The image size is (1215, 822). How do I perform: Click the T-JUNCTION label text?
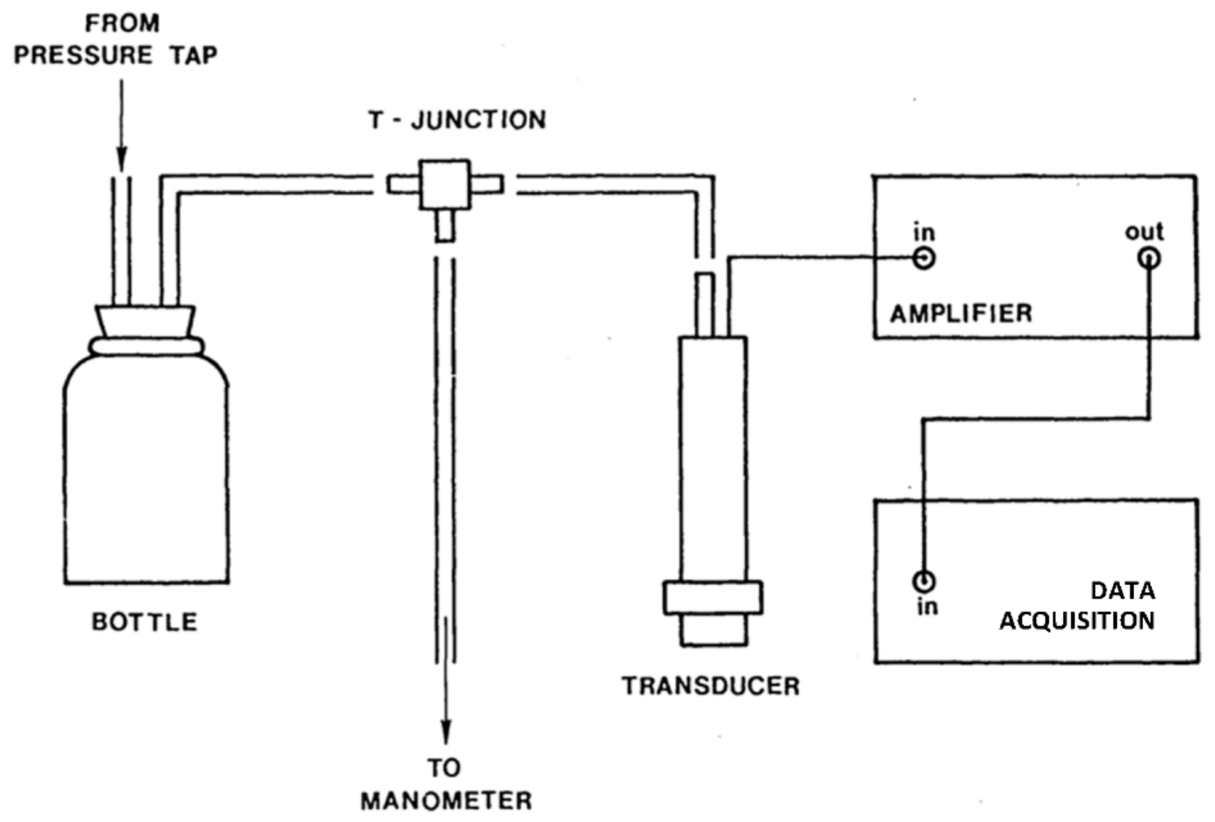(457, 120)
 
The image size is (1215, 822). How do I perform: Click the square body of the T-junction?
(445, 184)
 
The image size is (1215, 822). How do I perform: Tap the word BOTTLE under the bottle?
(145, 622)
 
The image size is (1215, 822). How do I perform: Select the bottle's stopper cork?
(145, 321)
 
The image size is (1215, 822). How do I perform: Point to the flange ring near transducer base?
(712, 598)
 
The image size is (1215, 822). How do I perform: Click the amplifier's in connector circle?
(924, 258)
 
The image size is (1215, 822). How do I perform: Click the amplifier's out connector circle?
(1149, 258)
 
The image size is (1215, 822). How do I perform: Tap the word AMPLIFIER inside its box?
(961, 314)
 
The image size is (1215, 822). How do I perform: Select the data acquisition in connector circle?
(924, 581)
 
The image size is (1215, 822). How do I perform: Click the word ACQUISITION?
(1077, 621)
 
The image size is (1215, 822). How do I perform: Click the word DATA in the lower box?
(1123, 591)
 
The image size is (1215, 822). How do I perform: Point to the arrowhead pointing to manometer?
(446, 732)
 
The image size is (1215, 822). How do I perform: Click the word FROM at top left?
(122, 24)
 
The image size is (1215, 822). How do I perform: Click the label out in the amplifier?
(1144, 232)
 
